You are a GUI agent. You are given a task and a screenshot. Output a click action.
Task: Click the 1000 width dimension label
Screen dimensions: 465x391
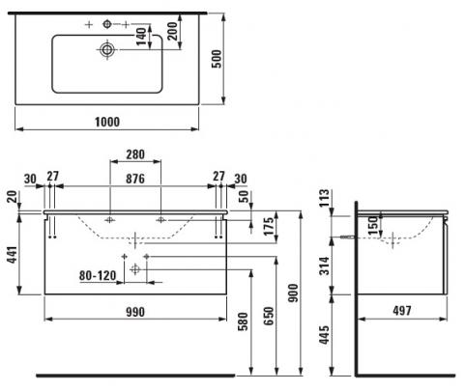tap(107, 122)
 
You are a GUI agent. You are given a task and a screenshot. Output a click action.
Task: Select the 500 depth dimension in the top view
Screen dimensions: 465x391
tap(217, 59)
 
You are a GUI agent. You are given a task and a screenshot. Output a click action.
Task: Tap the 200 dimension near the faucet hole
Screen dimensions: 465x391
tap(173, 31)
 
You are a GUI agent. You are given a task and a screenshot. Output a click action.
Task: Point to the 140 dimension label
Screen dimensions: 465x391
tap(141, 37)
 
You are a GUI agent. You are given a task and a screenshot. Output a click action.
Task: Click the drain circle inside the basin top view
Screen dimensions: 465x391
tap(107, 49)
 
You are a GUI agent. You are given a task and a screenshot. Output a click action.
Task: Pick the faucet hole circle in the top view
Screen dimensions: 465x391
tap(107, 24)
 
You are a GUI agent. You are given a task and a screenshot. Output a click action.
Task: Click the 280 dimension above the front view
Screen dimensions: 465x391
tap(135, 154)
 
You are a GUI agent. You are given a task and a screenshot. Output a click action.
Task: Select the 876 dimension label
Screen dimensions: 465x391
tap(135, 179)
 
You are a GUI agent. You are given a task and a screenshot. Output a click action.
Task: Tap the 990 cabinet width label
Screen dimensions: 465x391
tap(135, 312)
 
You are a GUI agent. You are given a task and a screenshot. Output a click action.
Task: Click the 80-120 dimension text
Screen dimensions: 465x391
tap(98, 275)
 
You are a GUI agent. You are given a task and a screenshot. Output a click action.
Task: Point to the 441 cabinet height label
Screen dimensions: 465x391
tap(13, 255)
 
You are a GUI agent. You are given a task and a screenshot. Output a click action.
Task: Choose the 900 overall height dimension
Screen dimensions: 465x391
tap(293, 293)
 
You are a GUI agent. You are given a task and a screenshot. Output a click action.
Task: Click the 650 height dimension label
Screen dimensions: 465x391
tap(269, 316)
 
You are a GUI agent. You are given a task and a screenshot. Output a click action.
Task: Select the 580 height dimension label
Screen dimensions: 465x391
tap(244, 321)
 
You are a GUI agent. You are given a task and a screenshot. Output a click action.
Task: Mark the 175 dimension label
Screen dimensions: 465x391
tap(270, 226)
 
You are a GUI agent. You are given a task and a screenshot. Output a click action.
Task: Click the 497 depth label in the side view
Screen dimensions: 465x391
tap(402, 311)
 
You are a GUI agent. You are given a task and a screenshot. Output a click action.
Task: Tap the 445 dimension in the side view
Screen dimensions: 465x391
tap(325, 335)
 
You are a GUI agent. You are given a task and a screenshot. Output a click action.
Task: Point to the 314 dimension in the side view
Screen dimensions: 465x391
tap(325, 265)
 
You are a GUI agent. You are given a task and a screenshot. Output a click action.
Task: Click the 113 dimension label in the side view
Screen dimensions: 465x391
tap(325, 198)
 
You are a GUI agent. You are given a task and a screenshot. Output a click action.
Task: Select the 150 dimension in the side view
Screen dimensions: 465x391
tap(372, 225)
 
